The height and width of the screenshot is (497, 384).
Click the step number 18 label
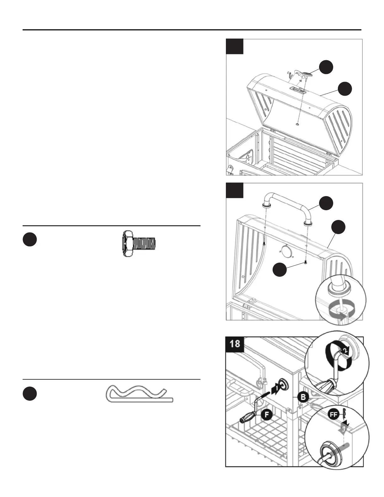[235, 344]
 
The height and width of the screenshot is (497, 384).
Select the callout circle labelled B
[303, 397]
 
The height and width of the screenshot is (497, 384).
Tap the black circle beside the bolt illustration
[30, 240]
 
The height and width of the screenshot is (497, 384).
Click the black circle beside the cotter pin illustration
[30, 394]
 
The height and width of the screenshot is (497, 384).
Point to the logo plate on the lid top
[297, 90]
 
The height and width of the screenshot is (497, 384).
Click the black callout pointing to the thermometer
[326, 67]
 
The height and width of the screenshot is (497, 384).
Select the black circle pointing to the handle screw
[279, 270]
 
